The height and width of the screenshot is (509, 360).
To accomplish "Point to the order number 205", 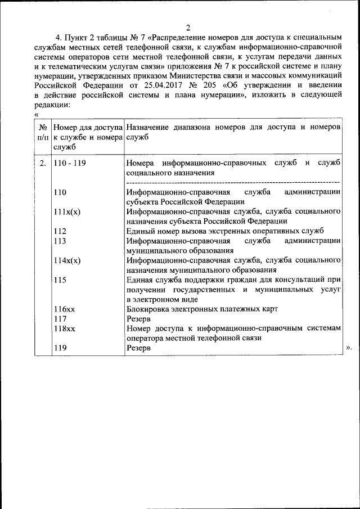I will point(206,85).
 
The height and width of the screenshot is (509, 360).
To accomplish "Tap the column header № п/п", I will point(43,133).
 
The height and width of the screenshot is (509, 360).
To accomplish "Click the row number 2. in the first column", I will point(43,163).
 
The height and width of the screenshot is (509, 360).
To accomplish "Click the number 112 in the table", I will point(60,231).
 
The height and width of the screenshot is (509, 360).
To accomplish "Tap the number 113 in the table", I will point(60,240).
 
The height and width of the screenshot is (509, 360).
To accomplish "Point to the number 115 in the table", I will point(60,280).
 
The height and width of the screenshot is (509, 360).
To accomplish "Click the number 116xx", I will point(64,309).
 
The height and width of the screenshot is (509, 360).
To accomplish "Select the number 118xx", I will point(64,328).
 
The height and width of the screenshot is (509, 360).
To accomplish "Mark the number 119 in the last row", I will point(60,348).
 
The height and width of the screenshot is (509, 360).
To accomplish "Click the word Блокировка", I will point(148,309).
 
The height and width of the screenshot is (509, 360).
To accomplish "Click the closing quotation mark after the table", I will point(349,348).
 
